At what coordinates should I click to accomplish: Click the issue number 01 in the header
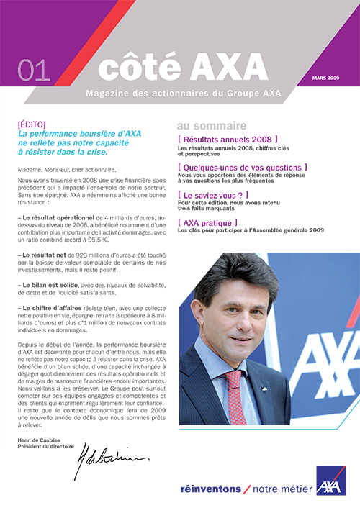pyautogui.click(x=33, y=70)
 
